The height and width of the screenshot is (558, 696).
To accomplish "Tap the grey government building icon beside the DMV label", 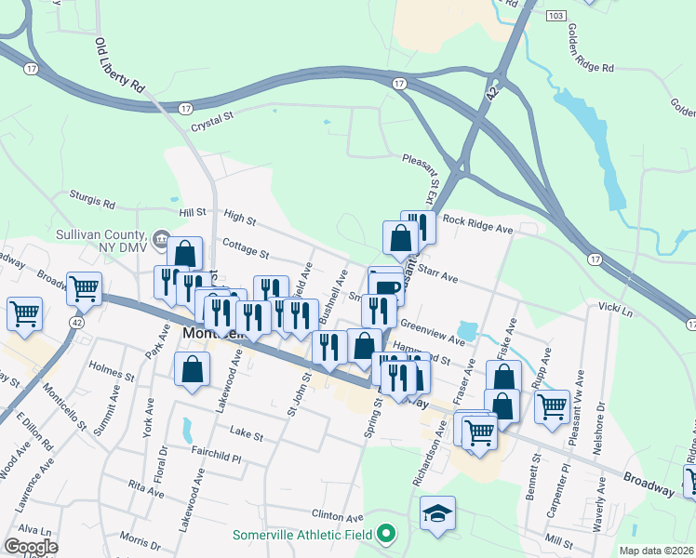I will pos(161,240).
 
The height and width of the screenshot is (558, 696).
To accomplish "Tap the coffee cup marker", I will pos(386,286).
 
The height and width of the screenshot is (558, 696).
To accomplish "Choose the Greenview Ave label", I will pos(432,331).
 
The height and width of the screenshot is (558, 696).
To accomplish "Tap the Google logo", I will pos(31,547).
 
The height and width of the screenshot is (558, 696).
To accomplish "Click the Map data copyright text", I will pos(656,551).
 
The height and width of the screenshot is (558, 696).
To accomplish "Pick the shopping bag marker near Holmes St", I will pos(192,369).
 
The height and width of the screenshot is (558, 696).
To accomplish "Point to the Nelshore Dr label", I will pos(599,429).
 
